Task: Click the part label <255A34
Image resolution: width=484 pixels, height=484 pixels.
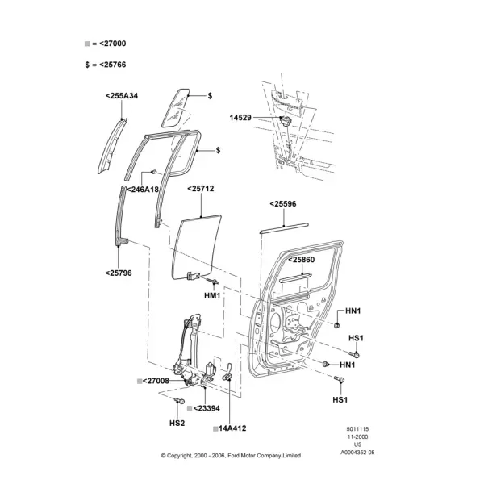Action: [x=122, y=96]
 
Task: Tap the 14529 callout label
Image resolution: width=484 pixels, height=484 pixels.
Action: [x=240, y=118]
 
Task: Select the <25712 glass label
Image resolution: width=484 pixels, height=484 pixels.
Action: [x=201, y=189]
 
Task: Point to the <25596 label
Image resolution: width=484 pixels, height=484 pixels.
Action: [x=283, y=204]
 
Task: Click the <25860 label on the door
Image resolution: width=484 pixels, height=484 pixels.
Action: [x=301, y=260]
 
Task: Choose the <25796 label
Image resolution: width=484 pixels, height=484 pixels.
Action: [x=119, y=273]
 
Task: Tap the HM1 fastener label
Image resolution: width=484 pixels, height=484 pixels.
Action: [x=212, y=296]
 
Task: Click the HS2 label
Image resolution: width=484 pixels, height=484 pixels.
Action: [x=177, y=423]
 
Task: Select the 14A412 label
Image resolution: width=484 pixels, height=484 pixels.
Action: [x=232, y=428]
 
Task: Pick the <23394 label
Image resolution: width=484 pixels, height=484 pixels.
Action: [x=207, y=408]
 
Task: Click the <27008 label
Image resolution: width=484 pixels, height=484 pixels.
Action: [x=156, y=381]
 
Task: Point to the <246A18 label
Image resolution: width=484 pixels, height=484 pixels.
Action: [x=143, y=190]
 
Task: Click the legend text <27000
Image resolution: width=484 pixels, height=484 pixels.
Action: [x=113, y=44]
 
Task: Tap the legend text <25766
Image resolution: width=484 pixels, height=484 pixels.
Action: [x=113, y=65]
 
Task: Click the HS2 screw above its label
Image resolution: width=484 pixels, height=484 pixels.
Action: [x=179, y=401]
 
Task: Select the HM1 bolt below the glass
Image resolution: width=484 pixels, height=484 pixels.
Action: [x=213, y=281]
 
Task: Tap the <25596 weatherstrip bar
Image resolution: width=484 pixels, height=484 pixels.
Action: [x=284, y=227]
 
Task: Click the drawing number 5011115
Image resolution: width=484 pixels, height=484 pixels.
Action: [x=357, y=429]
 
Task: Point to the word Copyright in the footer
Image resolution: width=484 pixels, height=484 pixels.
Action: [x=179, y=456]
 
